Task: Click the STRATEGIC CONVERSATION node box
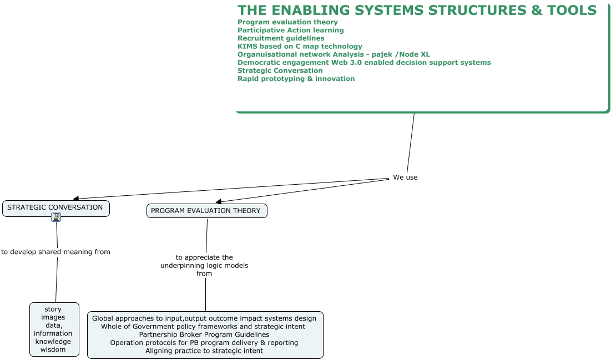coord(55,209)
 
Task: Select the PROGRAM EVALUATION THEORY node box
coord(207,211)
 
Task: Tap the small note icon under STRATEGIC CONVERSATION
coord(56,217)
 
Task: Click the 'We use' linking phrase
coord(405,178)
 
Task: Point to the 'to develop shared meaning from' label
coord(55,252)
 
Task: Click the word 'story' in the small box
coord(53,310)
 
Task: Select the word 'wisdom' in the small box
coord(53,349)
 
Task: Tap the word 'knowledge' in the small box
coord(53,341)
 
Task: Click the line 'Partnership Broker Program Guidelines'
coord(204,334)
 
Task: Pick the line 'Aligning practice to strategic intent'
coord(204,351)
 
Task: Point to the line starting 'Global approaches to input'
coord(204,318)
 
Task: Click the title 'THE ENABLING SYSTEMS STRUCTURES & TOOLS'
coord(417,10)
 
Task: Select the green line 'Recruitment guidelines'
coord(281,38)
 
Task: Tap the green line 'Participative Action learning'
coord(291,30)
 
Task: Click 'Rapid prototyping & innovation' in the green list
coord(296,79)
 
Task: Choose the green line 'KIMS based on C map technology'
coord(300,47)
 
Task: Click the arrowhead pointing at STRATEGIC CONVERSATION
coord(75,199)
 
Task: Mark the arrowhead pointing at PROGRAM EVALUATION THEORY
coord(219,201)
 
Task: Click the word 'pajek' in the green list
coord(382,54)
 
